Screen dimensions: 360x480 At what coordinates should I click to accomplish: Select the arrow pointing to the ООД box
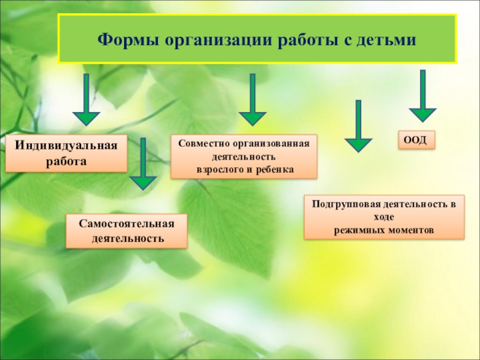coord(422,96)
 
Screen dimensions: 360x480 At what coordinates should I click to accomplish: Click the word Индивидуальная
coord(67,146)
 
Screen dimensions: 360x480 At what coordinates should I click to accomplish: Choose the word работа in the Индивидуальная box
coord(67,161)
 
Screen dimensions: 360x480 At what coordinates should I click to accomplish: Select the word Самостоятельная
coord(127,223)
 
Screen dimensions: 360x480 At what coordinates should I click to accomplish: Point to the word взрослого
coord(221,170)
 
